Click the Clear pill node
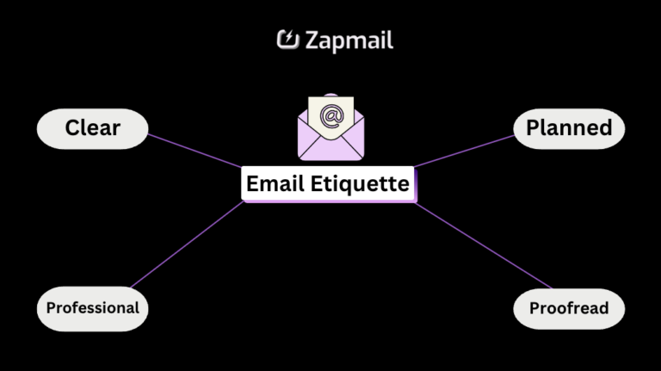click(92, 129)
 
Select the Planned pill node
click(568, 128)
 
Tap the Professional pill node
click(92, 307)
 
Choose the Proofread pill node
click(568, 307)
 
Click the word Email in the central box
click(274, 183)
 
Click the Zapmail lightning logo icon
click(287, 40)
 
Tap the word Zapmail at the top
click(349, 40)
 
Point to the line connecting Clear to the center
click(194, 149)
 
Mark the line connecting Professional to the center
click(185, 245)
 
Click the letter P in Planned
click(533, 128)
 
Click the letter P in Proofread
click(534, 308)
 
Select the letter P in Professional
click(51, 307)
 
